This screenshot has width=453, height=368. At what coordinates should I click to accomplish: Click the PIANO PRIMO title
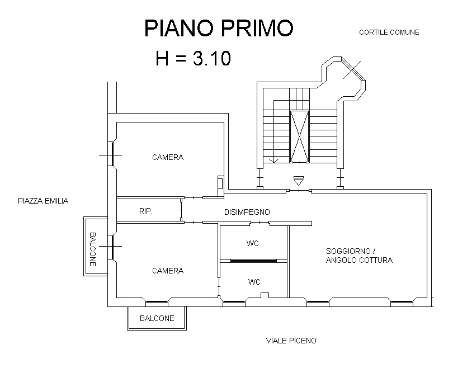coord(219,28)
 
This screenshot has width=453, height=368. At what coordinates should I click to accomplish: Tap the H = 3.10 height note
coord(194,58)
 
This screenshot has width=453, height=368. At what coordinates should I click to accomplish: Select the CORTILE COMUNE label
coord(389,32)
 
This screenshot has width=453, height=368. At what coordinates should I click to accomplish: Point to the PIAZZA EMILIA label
coord(43,201)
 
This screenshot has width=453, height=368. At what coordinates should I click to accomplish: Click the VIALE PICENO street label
coord(291,341)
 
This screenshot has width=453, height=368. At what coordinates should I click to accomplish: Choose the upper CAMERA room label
coord(168,157)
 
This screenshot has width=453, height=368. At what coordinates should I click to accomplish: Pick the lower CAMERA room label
coord(168,271)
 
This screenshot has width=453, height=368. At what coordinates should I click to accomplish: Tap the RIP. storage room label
coord(146,211)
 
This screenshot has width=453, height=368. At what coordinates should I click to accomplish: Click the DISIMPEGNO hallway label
coord(247,212)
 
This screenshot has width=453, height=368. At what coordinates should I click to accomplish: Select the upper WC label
coord(252,243)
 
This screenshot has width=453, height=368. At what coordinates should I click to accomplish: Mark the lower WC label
coord(254,282)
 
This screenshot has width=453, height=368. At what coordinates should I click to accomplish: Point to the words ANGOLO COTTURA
coord(359,260)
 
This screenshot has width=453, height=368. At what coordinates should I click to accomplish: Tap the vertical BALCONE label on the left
coord(92,249)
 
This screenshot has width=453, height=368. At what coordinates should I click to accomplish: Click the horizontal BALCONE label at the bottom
coord(157,318)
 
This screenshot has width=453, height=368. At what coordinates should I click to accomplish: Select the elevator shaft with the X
coord(299,136)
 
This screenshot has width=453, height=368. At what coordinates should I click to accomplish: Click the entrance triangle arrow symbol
coord(299,181)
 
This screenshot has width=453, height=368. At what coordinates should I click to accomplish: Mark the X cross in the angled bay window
coord(352,69)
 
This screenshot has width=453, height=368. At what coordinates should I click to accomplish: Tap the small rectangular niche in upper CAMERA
coord(220,182)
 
